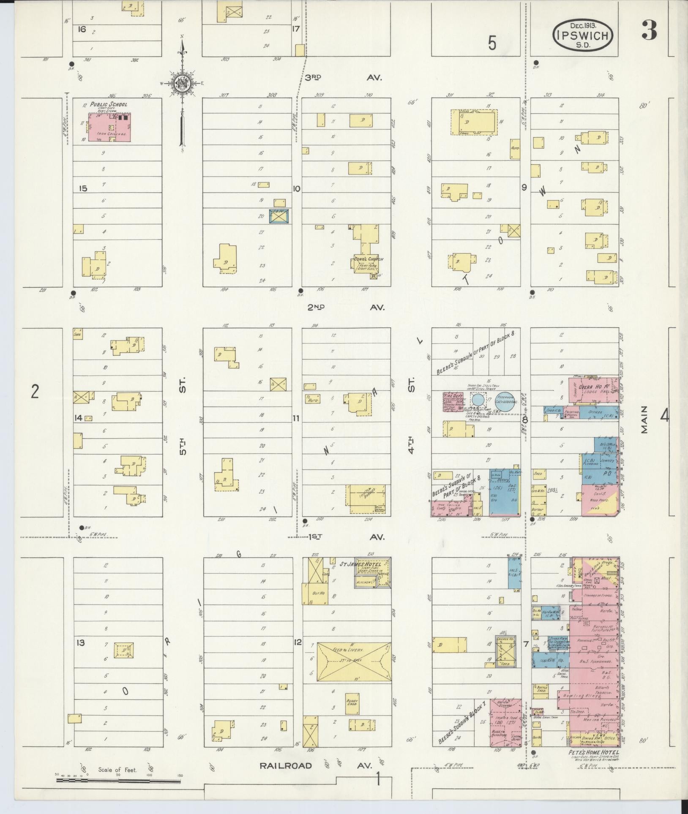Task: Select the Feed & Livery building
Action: [354, 662]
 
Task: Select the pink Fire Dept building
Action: [453, 402]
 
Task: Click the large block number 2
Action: [35, 392]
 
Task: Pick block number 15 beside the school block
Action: [82, 188]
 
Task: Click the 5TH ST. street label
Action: [182, 416]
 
